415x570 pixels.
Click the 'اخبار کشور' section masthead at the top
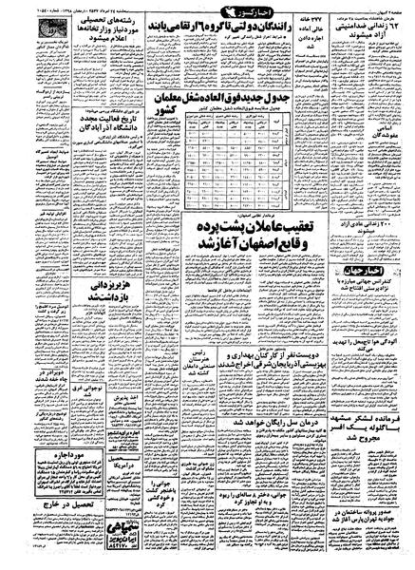coord(207,16)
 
